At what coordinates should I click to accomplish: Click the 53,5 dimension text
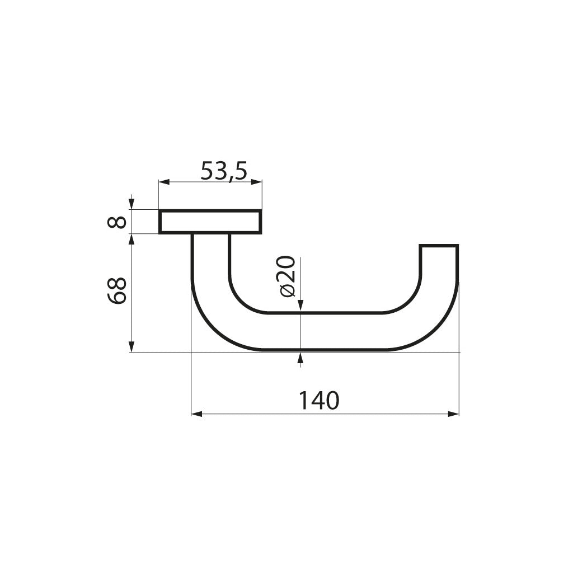click(224, 171)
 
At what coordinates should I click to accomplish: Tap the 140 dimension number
click(318, 401)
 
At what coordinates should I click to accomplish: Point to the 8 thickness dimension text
click(116, 222)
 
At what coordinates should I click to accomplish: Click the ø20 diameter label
click(286, 276)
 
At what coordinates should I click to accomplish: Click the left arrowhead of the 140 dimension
click(196, 414)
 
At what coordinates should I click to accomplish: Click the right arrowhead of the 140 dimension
click(454, 414)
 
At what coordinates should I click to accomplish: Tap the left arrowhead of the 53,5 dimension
click(163, 182)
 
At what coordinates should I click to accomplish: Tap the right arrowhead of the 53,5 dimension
click(257, 182)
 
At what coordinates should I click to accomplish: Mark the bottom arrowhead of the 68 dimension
click(131, 347)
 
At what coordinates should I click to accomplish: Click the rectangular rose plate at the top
click(210, 222)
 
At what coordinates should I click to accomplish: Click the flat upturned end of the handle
click(439, 247)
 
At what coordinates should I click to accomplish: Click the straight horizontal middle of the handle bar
click(336, 331)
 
